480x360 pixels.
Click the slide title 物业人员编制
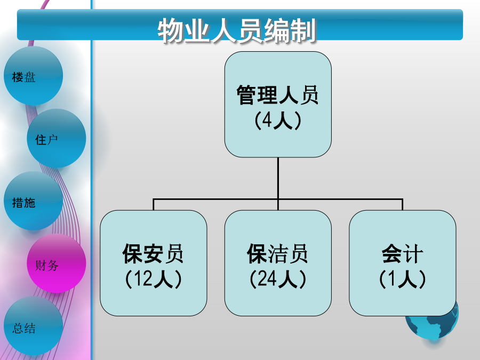pyautogui.click(x=237, y=31)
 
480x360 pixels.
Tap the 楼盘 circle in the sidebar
pyautogui.click(x=33, y=76)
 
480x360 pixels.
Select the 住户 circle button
pyautogui.click(x=56, y=139)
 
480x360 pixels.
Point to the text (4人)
pyautogui.click(x=278, y=121)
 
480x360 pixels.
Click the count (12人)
pyautogui.click(x=153, y=279)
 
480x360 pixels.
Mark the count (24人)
pyautogui.click(x=278, y=279)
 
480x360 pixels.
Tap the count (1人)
pyautogui.click(x=402, y=279)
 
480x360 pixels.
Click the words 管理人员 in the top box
pyautogui.click(x=278, y=96)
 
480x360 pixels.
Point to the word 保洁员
pyautogui.click(x=278, y=254)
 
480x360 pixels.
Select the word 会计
pyautogui.click(x=402, y=254)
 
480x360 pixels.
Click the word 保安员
pyautogui.click(x=153, y=254)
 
